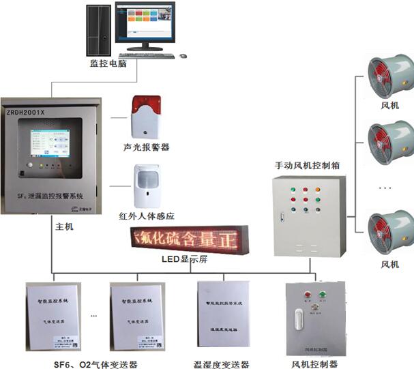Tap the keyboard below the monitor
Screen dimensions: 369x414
pos(145,56)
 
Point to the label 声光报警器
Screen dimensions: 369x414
pos(146,147)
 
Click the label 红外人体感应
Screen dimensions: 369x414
pos(146,217)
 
